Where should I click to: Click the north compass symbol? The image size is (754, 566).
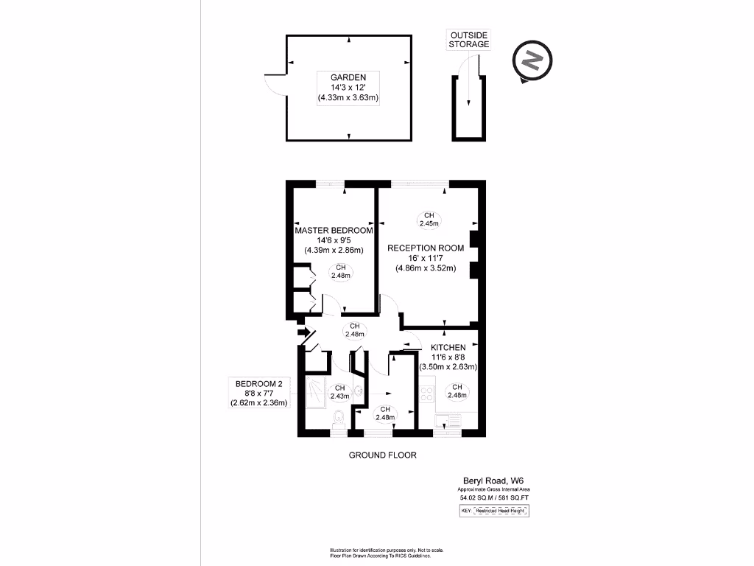[x=532, y=62]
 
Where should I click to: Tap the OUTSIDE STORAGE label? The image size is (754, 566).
[x=469, y=40]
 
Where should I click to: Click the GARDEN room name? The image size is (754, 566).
[x=344, y=77]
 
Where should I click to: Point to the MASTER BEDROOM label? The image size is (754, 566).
[x=334, y=230]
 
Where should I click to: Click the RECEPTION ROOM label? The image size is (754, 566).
[x=426, y=248]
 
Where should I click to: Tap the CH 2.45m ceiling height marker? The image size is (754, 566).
[x=429, y=219]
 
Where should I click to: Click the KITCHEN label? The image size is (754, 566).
[x=448, y=347]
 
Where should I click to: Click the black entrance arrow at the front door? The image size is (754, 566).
[x=302, y=333]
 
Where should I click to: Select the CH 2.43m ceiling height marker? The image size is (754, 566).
[x=339, y=392]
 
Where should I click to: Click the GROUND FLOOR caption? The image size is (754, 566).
[x=382, y=455]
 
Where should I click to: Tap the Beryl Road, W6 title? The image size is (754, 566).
[x=493, y=480]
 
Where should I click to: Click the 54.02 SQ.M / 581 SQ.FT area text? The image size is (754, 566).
[x=493, y=498]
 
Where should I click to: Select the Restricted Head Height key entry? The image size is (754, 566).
[x=501, y=510]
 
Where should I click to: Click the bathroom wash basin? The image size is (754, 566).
[x=358, y=392]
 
